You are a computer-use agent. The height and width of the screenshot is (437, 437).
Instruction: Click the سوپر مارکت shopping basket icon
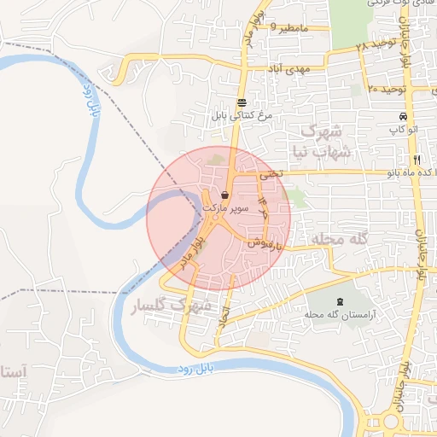pos(224,195)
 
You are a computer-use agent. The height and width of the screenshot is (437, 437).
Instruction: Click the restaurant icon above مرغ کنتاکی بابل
pos(242,102)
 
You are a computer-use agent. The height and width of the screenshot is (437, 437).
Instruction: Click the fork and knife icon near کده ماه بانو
pos(417,160)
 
